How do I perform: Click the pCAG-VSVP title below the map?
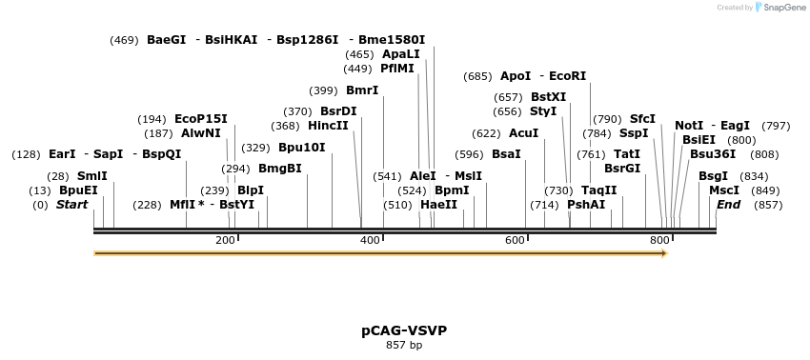coord(404,330)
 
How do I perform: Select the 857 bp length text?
coord(404,345)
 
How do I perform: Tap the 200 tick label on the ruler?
coord(226,240)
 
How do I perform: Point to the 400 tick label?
coord(371,240)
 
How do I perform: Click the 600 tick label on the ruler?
coord(516,240)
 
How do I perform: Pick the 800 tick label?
coord(659,240)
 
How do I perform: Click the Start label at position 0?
coord(71,205)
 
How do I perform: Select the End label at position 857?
coord(728,205)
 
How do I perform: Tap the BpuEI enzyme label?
coord(78,190)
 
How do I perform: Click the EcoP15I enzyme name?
coord(200,119)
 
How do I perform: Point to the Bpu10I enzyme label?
coord(301,148)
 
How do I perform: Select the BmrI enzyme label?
coord(362,90)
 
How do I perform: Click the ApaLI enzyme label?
coord(400,54)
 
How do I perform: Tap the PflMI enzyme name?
coord(396,69)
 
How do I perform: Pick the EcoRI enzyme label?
coord(568,76)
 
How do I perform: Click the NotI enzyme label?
coord(689,126)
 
